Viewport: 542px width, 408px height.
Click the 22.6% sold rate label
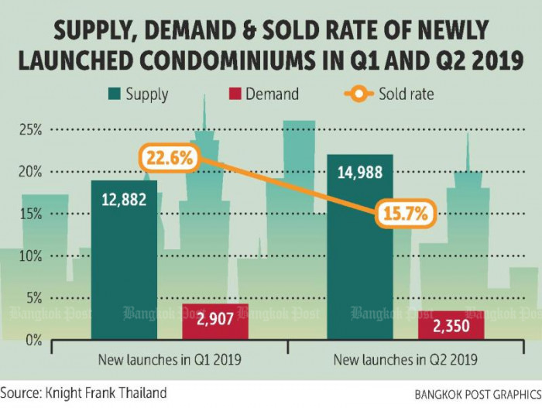pyautogui.click(x=170, y=159)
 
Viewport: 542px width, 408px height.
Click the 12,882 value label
pyautogui.click(x=124, y=201)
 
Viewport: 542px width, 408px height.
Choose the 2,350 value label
pyautogui.click(x=451, y=327)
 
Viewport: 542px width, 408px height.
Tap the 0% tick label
pyautogui.click(x=33, y=340)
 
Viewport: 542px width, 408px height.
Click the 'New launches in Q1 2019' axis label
pyautogui.click(x=170, y=360)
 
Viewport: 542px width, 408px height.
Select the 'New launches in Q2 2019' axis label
pyautogui.click(x=405, y=360)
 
